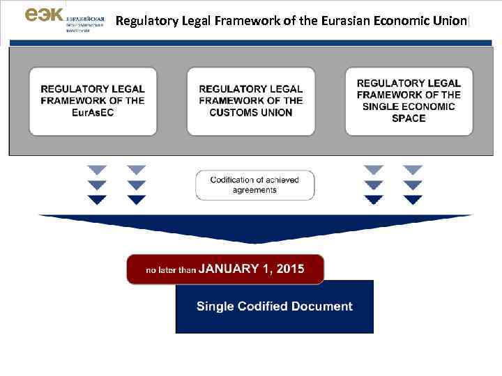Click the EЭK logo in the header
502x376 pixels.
click(x=43, y=15)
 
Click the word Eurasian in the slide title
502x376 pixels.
click(x=344, y=21)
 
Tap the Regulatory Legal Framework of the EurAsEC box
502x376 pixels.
click(x=93, y=101)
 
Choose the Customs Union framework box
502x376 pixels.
click(x=251, y=101)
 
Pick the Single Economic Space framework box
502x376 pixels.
click(x=409, y=101)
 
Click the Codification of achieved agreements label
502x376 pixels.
click(x=254, y=185)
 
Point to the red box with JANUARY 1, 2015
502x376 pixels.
click(x=225, y=269)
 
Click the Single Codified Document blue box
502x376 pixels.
click(x=274, y=306)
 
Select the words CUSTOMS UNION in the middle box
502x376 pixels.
click(x=251, y=113)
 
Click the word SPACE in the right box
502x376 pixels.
click(x=409, y=118)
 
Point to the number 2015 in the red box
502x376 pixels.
click(x=290, y=269)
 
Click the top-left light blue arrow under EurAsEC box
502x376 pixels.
click(x=98, y=170)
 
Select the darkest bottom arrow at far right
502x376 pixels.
click(x=413, y=200)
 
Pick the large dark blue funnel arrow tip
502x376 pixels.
click(x=255, y=240)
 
